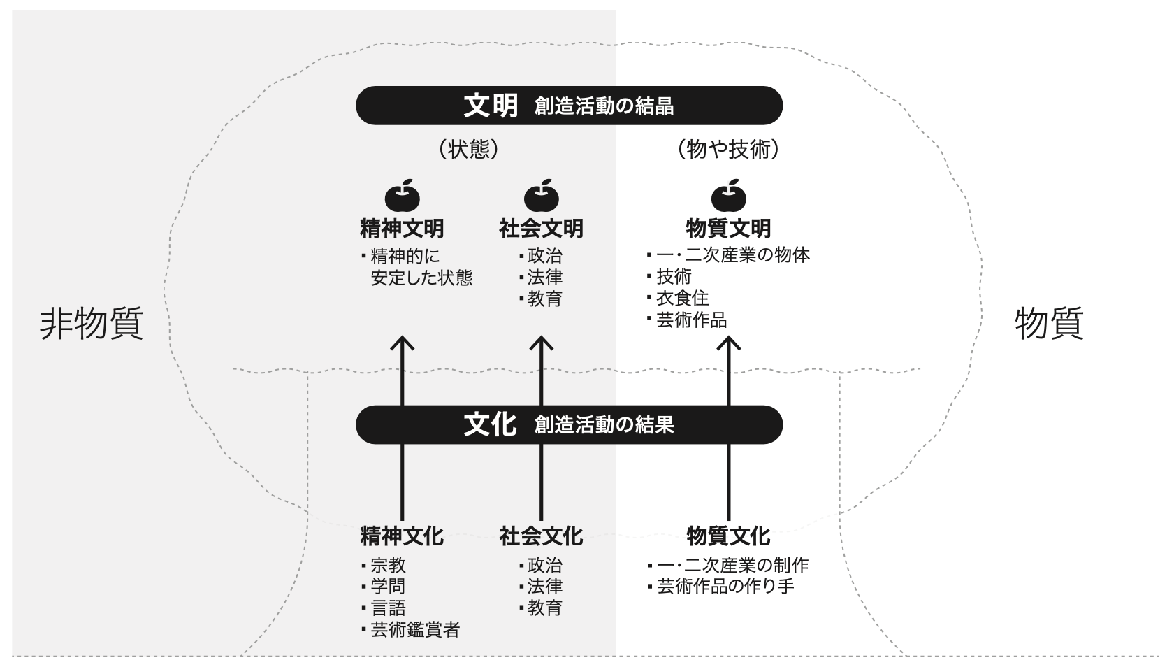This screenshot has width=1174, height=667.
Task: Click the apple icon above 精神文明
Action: pos(402,196)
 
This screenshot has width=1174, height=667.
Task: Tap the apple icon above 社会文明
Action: pos(541,196)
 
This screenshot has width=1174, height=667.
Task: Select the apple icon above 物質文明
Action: pos(728,196)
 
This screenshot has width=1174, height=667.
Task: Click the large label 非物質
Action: pos(92,324)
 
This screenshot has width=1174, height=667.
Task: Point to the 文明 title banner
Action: pos(569,106)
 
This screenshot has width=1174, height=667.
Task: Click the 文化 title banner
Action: pos(569,424)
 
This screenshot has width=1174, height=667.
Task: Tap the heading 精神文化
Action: pos(402,536)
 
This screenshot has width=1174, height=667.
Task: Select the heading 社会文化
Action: pos(541,536)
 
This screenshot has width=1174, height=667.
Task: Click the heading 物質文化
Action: pos(728,536)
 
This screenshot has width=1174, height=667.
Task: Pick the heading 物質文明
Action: pos(728,229)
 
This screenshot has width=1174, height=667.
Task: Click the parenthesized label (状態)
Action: pos(469,149)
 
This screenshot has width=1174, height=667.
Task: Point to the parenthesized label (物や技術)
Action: pos(728,149)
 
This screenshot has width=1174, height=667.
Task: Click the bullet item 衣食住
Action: pos(682,299)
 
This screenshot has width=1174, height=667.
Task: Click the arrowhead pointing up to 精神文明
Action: pos(402,343)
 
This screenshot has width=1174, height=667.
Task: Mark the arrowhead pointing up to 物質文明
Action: pos(728,343)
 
